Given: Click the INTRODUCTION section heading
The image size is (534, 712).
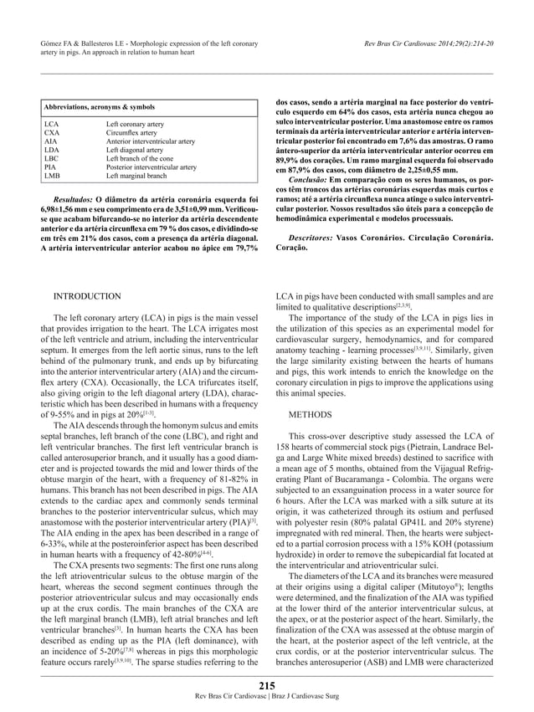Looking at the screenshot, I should [x=87, y=296].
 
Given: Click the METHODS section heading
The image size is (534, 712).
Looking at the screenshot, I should [x=312, y=414].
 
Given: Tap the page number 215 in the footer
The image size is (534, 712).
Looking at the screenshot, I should [x=266, y=686].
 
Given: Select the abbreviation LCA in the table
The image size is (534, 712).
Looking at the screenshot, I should [x=51, y=124].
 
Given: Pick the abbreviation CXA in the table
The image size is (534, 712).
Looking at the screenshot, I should [x=51, y=132].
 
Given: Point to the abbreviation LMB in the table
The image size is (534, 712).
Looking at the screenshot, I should [x=52, y=176].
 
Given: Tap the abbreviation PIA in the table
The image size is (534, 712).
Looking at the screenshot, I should [x=50, y=167].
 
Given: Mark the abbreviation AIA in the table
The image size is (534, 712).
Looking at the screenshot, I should [x=50, y=141].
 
